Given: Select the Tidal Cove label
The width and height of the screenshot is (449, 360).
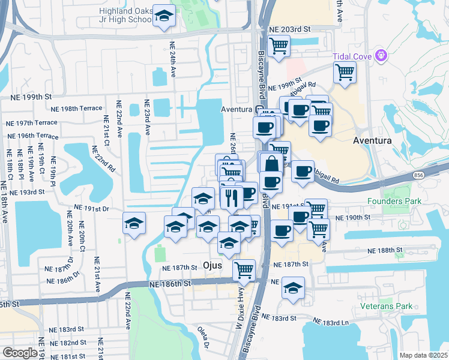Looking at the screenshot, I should (353, 56).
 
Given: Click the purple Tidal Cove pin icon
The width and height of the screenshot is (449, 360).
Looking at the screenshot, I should (380, 56).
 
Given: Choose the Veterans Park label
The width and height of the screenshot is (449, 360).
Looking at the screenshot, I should (387, 306).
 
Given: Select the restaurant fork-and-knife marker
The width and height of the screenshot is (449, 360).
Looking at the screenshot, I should (231, 196).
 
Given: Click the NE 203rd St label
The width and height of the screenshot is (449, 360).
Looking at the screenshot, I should (289, 29).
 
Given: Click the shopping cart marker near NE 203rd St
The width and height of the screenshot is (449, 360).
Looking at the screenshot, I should (279, 46).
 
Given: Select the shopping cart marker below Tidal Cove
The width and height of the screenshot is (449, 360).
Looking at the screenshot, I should (345, 73).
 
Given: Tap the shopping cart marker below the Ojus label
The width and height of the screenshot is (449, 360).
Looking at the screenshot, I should (244, 270).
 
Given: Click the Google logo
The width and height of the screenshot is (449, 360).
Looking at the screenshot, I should (20, 352).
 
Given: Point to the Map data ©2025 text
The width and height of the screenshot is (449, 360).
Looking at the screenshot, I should (423, 355).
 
